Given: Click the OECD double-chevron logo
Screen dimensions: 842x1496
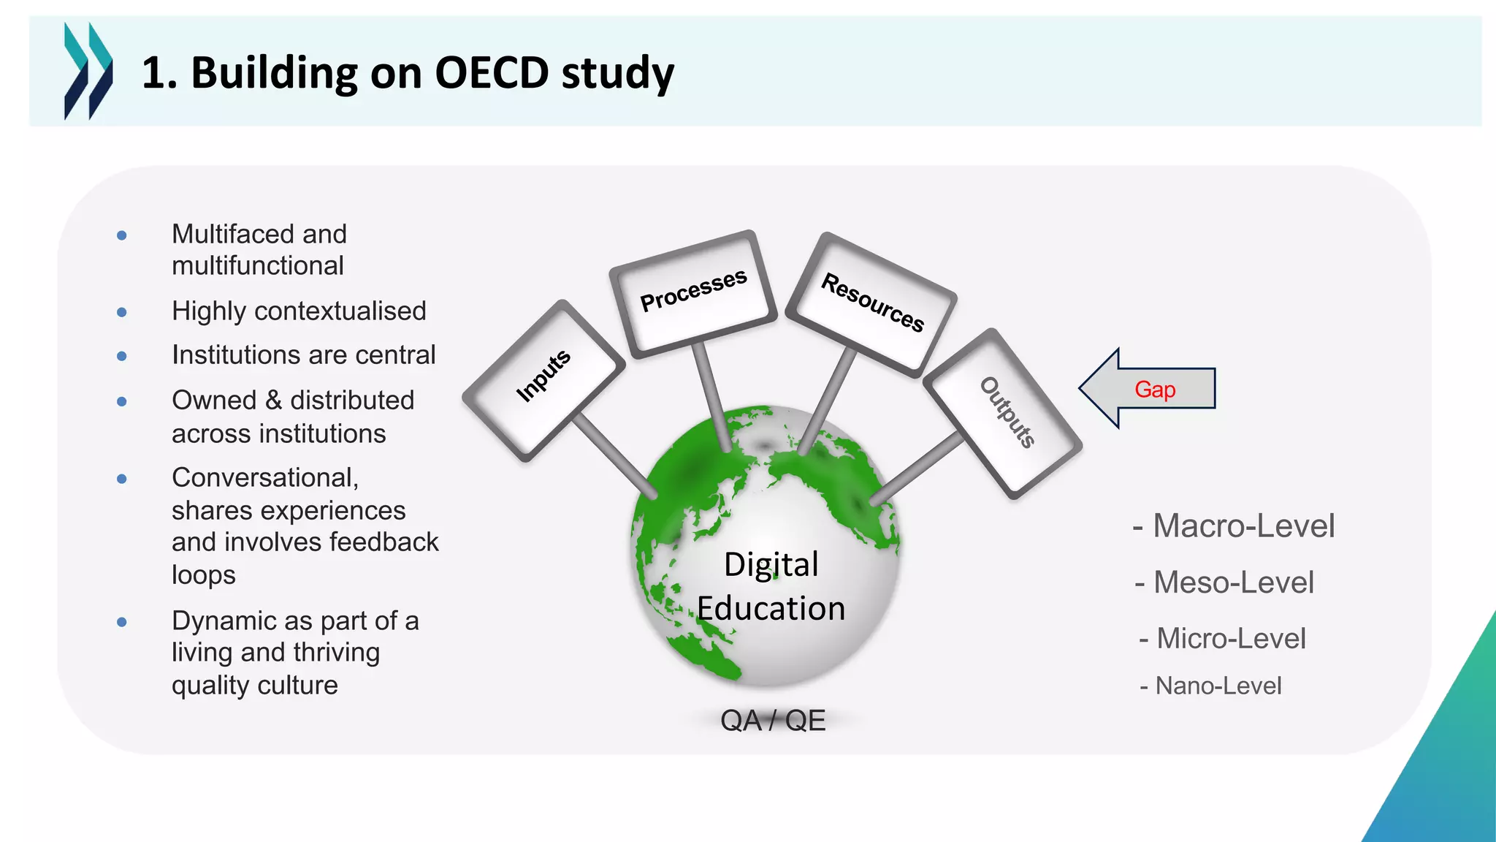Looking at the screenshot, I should (88, 71).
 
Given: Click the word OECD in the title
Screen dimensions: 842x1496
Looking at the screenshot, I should (491, 73).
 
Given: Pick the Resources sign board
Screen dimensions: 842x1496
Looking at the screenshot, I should (872, 303).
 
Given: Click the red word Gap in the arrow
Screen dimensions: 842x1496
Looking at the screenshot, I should (1155, 390).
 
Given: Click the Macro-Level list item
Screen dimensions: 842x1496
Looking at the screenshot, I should (1234, 526).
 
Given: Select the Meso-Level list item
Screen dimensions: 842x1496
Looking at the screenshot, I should (1225, 583).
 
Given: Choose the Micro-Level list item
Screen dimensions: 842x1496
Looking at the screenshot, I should (1223, 639).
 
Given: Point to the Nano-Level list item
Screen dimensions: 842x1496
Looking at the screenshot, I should (1211, 686).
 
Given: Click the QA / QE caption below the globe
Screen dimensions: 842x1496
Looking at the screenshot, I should (773, 721).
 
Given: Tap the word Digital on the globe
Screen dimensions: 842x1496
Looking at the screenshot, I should (771, 565).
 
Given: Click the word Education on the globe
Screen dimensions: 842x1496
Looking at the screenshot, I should (771, 609).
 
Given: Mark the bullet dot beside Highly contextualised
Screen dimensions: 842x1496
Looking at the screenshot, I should (122, 312).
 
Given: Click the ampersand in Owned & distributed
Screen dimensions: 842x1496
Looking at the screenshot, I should (273, 401).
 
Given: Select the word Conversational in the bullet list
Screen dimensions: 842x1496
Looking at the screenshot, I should (264, 478).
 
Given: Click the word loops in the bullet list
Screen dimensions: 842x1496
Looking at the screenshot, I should (203, 575).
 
